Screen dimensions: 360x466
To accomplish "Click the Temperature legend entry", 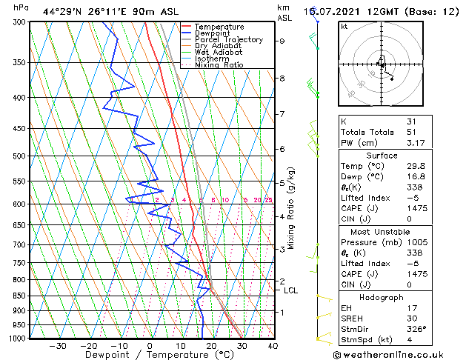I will point(220,27).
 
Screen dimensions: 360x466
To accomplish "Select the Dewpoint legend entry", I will point(215,33).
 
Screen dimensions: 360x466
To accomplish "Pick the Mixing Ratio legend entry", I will point(219,65).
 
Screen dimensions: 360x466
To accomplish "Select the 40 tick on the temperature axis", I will point(273,346).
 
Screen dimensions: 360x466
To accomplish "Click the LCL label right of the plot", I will point(291,290).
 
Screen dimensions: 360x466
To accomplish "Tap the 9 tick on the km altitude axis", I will point(282,41).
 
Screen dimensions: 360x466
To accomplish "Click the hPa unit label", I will point(21,7).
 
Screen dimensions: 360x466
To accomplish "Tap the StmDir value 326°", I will point(416,330).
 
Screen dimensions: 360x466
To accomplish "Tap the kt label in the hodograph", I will point(344,27).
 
